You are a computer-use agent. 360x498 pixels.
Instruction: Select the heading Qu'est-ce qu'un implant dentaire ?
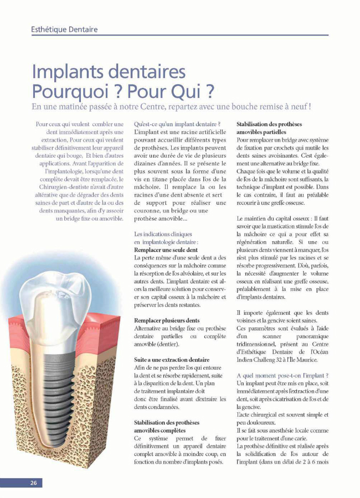[x=177, y=124]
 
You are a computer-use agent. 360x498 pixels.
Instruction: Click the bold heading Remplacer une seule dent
[x=166, y=250]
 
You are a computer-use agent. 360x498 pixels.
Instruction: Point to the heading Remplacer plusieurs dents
[x=167, y=320]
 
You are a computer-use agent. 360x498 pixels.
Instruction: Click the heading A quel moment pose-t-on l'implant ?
[x=282, y=375]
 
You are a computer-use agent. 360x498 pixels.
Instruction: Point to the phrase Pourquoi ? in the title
[x=66, y=90]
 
